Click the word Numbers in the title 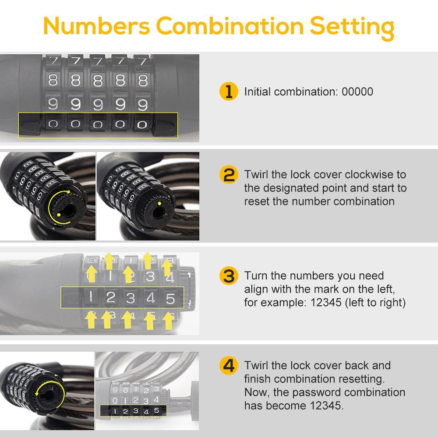tap(97, 26)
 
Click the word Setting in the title tap(352, 27)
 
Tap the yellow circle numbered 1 tap(229, 92)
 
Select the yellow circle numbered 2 tap(229, 175)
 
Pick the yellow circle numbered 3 tap(229, 276)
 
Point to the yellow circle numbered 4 tap(229, 365)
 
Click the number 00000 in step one tap(357, 92)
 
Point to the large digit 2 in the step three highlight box tap(111, 297)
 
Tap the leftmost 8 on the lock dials tap(53, 81)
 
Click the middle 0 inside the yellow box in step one tap(98, 124)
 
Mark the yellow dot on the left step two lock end tap(59, 215)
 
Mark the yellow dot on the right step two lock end tap(159, 203)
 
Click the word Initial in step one tap(257, 92)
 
